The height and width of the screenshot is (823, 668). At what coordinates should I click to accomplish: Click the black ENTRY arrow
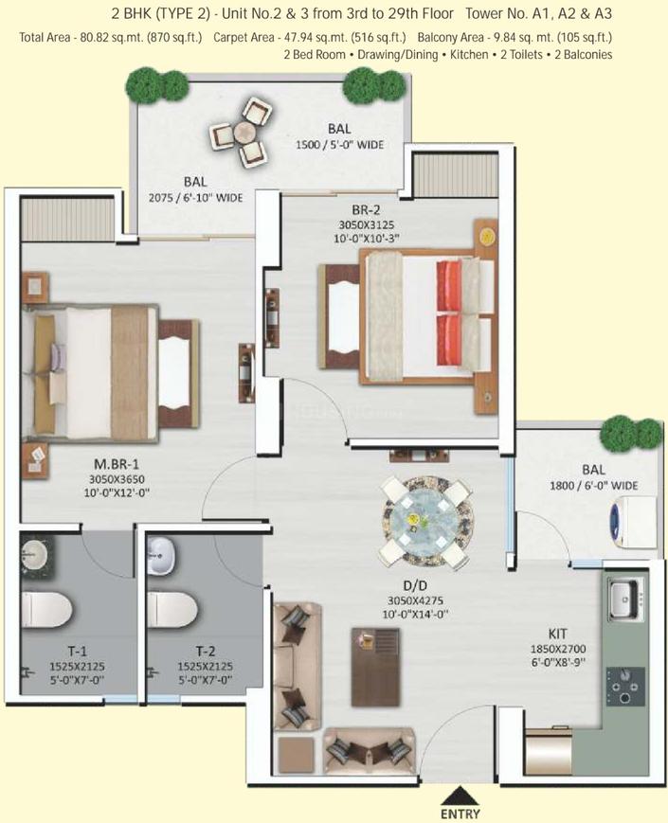pos(460,796)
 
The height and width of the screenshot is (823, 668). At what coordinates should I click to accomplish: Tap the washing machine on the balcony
pos(632,521)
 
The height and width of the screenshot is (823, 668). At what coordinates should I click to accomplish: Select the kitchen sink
pos(626,598)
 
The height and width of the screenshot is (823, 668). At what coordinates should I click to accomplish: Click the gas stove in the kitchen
pos(625,686)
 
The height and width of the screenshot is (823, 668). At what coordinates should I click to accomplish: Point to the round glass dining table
pos(427,521)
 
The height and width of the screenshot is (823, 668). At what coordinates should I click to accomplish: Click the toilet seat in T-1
pos(46,610)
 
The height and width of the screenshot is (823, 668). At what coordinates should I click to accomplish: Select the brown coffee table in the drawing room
pos(375,667)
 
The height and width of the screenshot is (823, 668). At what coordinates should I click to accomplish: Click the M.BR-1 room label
pos(116,464)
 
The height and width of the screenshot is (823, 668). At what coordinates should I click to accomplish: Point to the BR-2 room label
pos(366,210)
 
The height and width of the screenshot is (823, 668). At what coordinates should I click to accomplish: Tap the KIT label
pos(558,634)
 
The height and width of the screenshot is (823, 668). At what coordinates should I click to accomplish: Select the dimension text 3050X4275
pos(415,599)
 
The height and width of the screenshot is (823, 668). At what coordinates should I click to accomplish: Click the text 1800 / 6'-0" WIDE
pos(593,486)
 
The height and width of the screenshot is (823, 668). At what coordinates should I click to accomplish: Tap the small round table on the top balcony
pos(244,132)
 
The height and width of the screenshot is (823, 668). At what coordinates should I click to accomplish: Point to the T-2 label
pos(206,652)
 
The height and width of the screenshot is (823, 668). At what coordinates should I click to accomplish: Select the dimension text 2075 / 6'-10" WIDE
pos(195,198)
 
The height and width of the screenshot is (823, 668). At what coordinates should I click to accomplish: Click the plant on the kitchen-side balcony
pos(630,433)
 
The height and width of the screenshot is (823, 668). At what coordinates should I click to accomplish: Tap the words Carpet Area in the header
pos(244,37)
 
